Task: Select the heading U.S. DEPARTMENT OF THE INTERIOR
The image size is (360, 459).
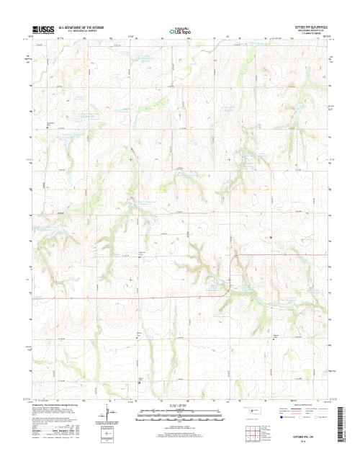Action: [84, 27]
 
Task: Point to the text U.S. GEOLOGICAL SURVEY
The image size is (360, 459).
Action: [81, 31]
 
